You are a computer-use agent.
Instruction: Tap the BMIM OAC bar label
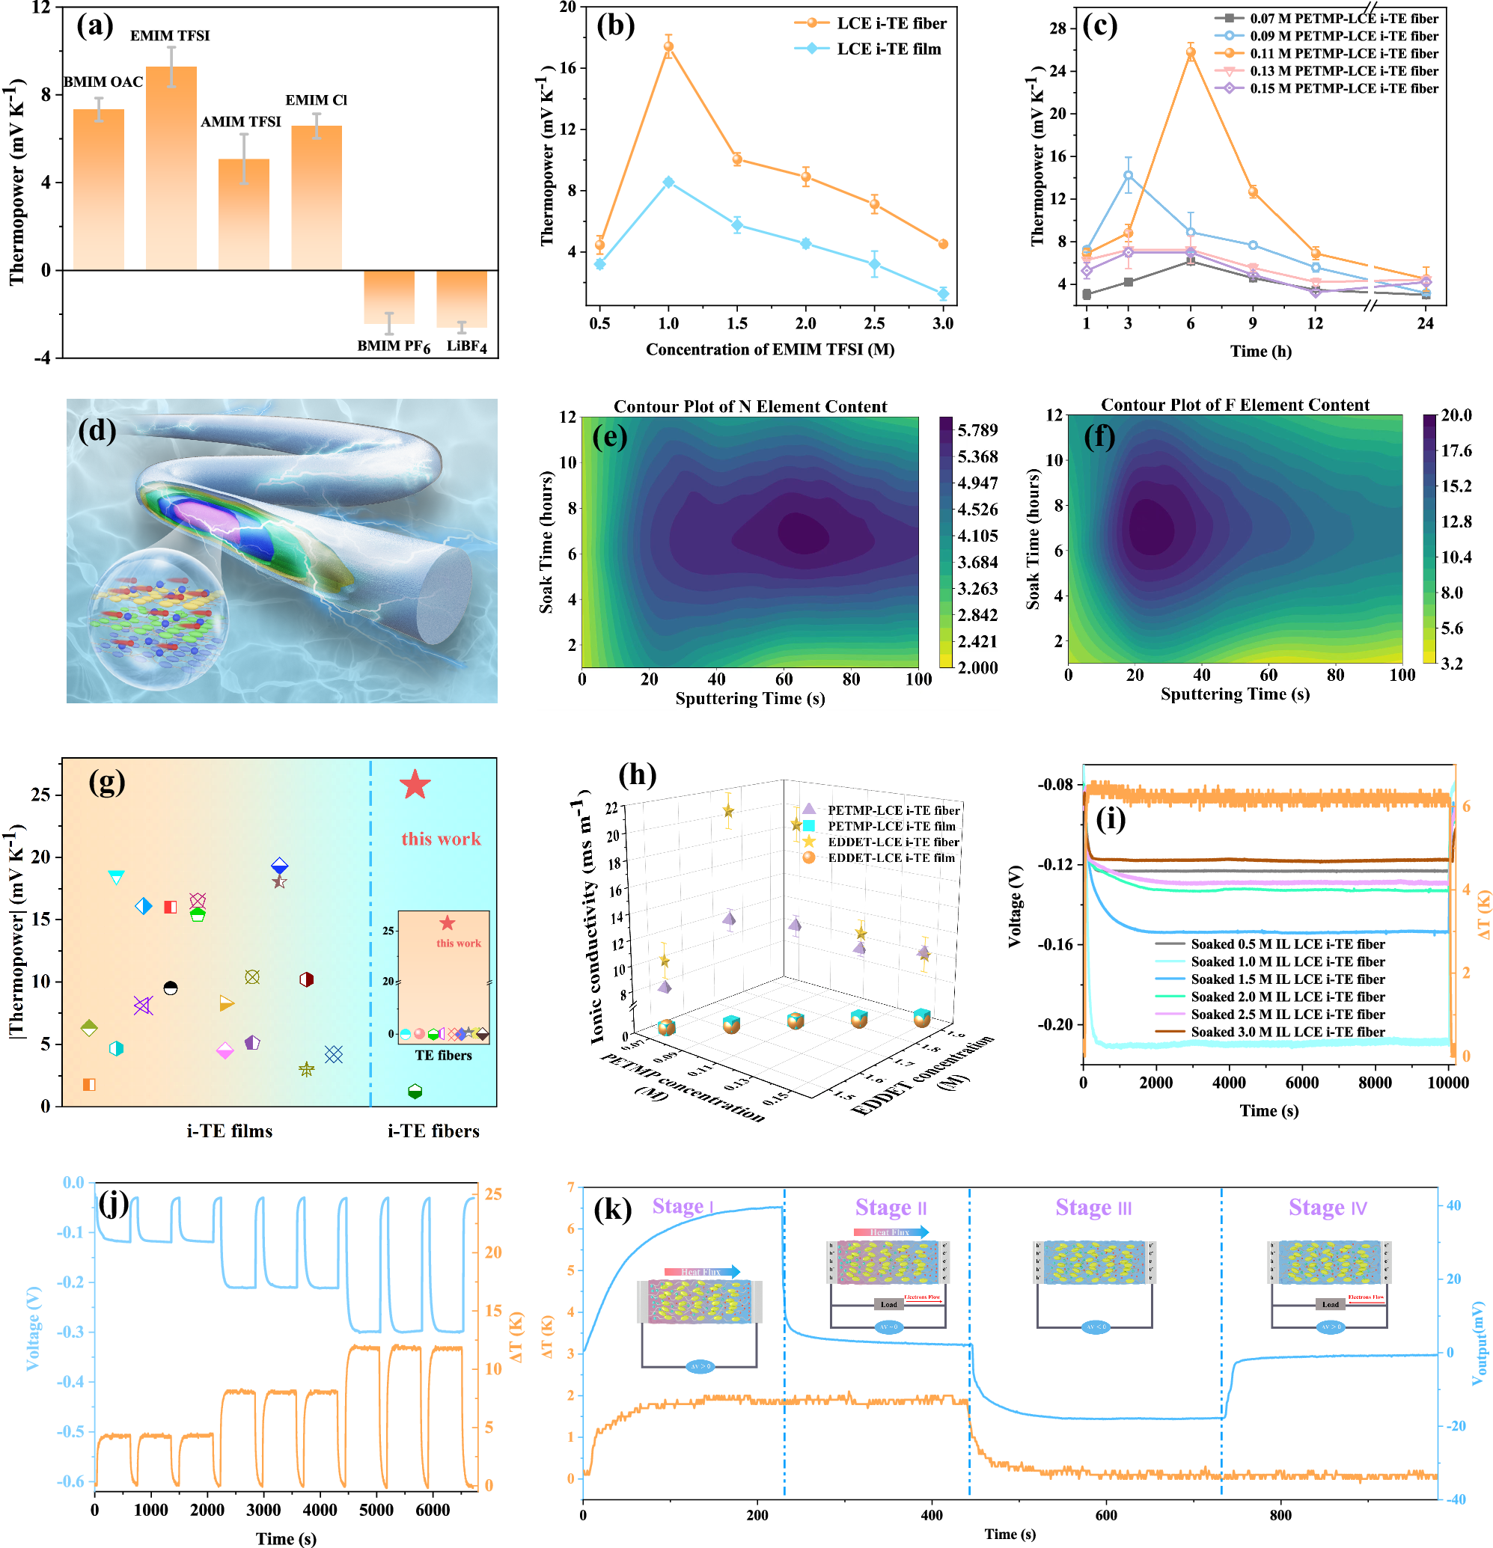(103, 82)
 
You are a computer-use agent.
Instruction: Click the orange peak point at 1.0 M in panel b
(668, 46)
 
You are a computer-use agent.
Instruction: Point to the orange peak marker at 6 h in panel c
(1191, 53)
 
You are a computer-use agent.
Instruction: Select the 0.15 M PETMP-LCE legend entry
(1343, 88)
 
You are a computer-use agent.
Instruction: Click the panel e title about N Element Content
(750, 406)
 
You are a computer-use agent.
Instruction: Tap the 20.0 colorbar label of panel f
(1456, 415)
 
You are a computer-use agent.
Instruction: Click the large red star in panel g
(415, 785)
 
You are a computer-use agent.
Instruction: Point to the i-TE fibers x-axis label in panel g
(433, 1131)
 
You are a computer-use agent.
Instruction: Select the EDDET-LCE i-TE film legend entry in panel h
(891, 857)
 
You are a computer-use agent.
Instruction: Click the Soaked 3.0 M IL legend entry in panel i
(1287, 1032)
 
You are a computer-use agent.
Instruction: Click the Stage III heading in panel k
(1093, 1208)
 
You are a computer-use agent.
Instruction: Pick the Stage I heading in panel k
(683, 1206)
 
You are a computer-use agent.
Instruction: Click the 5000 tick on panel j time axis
(376, 1509)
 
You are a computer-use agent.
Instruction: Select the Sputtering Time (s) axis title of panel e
(750, 698)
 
